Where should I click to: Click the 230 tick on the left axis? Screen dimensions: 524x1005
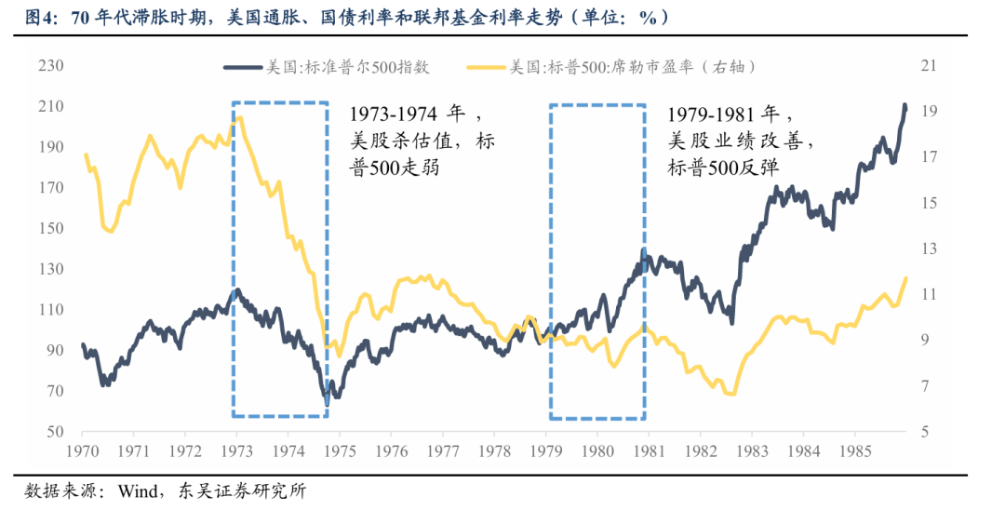pyautogui.click(x=50, y=66)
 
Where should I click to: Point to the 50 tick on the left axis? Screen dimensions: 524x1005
pyautogui.click(x=54, y=432)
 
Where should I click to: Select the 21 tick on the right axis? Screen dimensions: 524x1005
pyautogui.click(x=927, y=66)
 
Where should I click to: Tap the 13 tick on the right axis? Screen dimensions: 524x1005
pyautogui.click(x=927, y=249)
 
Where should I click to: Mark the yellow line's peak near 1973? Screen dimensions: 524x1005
pyautogui.click(x=240, y=117)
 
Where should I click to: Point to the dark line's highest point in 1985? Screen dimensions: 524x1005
pyautogui.click(x=904, y=105)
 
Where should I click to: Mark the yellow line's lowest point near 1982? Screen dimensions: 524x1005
pyautogui.click(x=731, y=394)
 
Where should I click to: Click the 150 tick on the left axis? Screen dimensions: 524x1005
pyautogui.click(x=50, y=229)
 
